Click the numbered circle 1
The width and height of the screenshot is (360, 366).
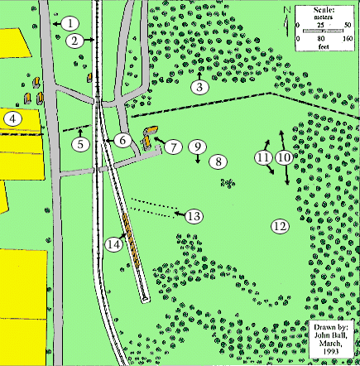72,23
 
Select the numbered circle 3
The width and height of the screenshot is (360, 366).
199,86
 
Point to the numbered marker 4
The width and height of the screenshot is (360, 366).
12,119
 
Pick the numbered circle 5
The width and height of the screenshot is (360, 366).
79,144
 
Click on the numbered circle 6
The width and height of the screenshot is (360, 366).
122,141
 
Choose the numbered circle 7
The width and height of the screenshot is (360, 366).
172,148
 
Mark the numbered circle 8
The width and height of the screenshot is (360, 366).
217,162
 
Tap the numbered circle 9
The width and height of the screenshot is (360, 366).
197,147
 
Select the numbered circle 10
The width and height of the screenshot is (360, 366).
284,157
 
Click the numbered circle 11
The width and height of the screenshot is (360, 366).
263,157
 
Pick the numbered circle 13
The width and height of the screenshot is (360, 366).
194,216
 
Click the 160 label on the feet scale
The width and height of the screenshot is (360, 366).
348,39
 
